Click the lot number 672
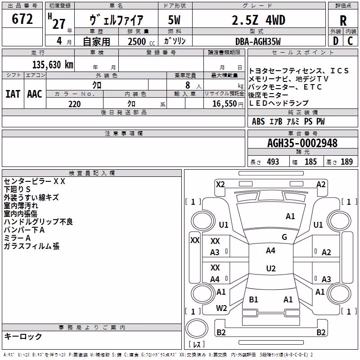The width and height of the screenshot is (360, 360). point(22,18)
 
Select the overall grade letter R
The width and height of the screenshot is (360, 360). point(343,21)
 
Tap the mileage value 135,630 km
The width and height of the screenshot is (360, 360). point(53,65)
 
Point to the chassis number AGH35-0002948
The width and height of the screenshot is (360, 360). point(302,143)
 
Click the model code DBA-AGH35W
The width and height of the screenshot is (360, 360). point(258,41)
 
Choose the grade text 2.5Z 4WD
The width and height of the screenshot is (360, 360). point(258,20)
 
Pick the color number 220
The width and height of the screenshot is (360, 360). point(75,104)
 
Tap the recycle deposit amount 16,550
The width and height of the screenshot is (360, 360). point(224,104)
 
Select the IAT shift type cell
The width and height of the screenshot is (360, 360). point(13,94)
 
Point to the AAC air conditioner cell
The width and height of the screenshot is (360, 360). point(35,94)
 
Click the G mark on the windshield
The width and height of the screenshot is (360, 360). point(284,237)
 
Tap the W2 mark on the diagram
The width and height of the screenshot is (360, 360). point(221,308)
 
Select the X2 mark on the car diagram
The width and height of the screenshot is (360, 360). point(220,184)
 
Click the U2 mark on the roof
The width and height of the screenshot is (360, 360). point(271,268)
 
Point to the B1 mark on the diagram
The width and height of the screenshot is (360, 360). point(253,299)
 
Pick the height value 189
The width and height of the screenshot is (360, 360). point(346,162)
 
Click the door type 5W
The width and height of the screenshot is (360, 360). point(174,20)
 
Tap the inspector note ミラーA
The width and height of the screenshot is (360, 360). point(17,238)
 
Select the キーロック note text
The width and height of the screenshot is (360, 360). point(23,336)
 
